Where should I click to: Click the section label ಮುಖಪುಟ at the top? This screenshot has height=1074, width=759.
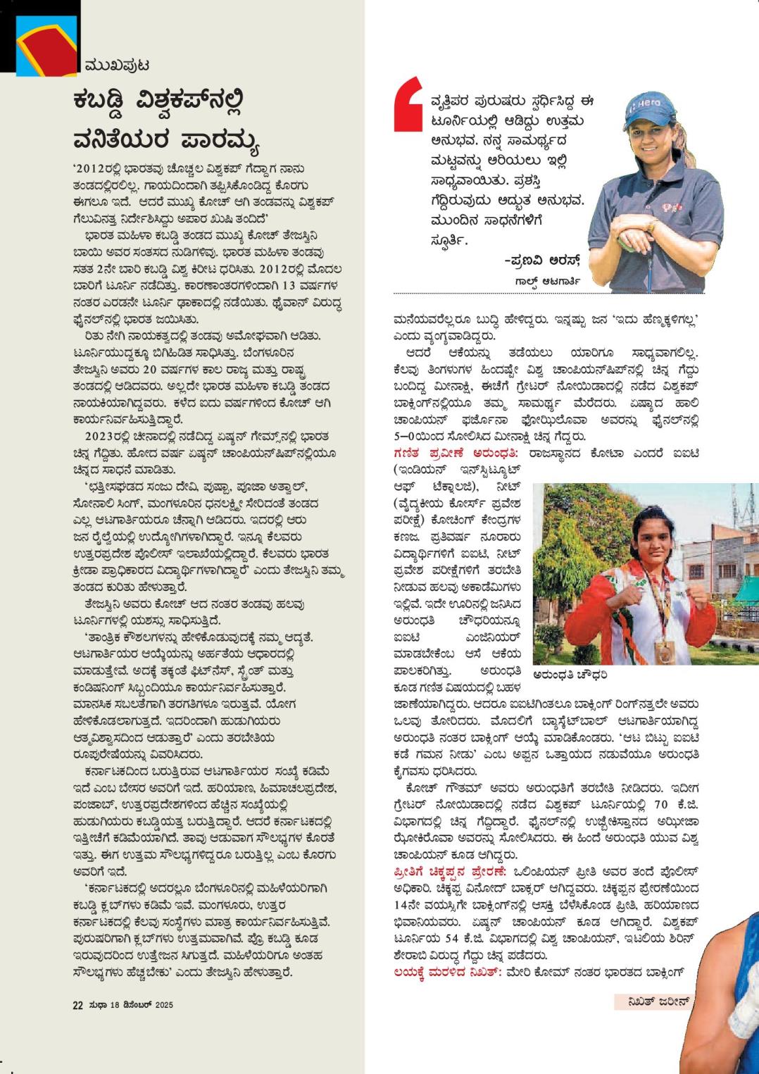pyautogui.click(x=117, y=65)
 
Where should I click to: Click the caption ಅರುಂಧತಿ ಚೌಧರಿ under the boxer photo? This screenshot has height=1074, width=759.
pyautogui.click(x=570, y=675)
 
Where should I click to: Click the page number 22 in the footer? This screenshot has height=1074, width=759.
pyautogui.click(x=77, y=1006)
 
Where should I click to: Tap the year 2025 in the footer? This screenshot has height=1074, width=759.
pyautogui.click(x=163, y=1006)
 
